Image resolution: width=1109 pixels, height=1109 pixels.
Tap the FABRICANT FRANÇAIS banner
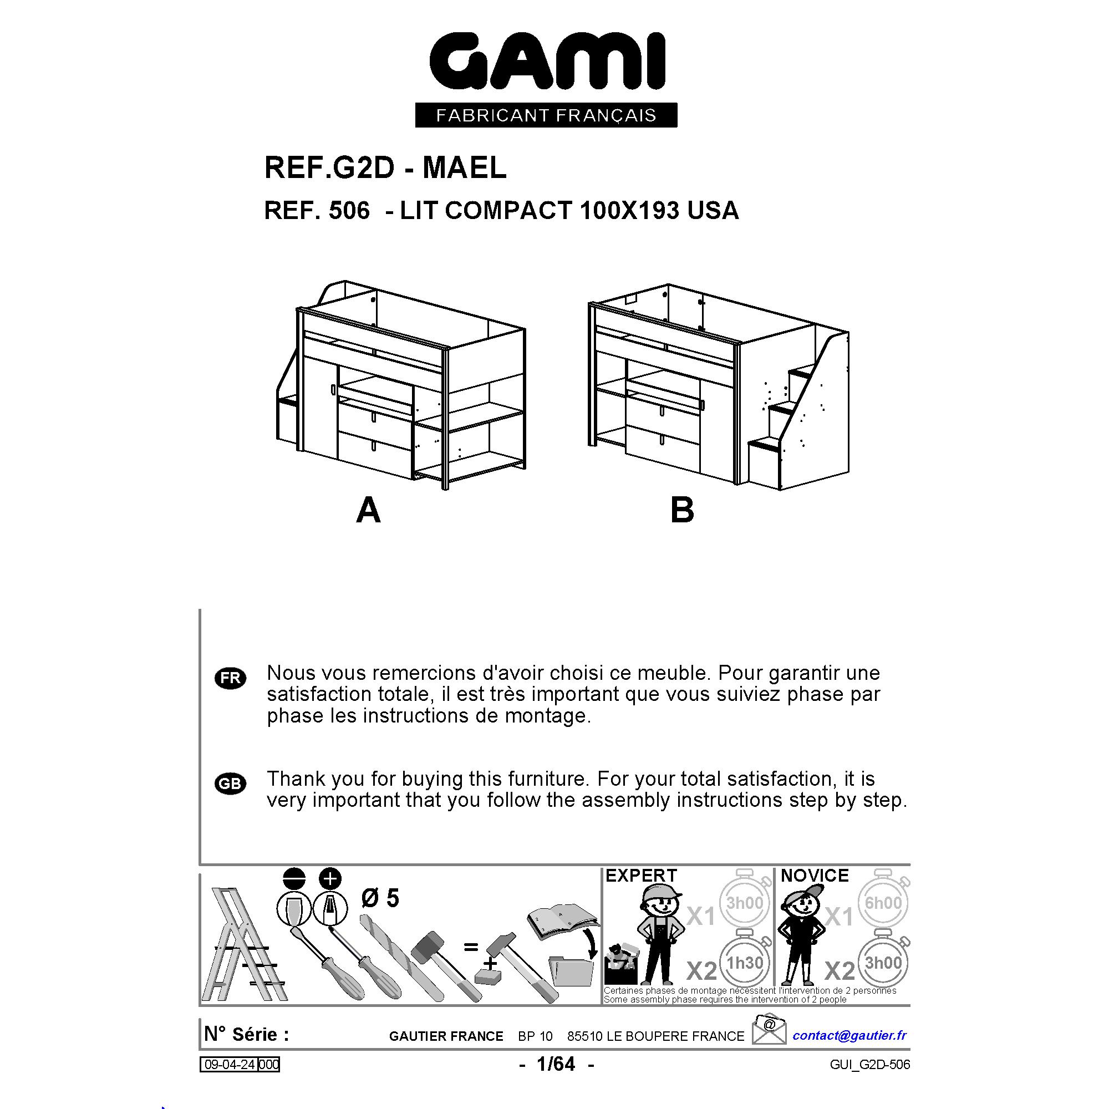click(x=546, y=115)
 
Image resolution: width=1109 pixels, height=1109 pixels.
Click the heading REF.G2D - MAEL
click(x=385, y=168)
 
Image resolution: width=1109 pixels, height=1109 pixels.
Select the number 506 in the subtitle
click(x=349, y=211)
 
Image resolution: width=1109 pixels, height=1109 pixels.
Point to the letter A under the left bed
click(x=368, y=510)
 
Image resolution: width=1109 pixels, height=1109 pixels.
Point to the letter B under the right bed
click(x=682, y=510)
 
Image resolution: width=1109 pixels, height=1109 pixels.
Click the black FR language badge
click(x=230, y=678)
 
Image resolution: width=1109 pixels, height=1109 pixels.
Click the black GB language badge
click(x=230, y=784)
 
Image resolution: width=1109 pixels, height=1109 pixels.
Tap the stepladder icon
click(x=244, y=945)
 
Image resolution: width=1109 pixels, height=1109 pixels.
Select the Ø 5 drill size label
click(x=380, y=898)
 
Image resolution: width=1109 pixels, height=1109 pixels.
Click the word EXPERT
click(x=641, y=876)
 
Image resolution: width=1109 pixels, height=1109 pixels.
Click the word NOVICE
click(x=815, y=876)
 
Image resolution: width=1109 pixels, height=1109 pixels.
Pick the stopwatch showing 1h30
click(x=745, y=962)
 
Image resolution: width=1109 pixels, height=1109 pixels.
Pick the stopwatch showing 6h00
click(x=883, y=903)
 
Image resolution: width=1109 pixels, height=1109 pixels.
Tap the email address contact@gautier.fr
click(x=849, y=1035)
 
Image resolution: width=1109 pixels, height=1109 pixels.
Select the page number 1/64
click(x=556, y=1064)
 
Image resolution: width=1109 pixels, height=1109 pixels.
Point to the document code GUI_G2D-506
click(x=869, y=1065)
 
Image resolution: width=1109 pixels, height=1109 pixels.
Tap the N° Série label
click(x=247, y=1034)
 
